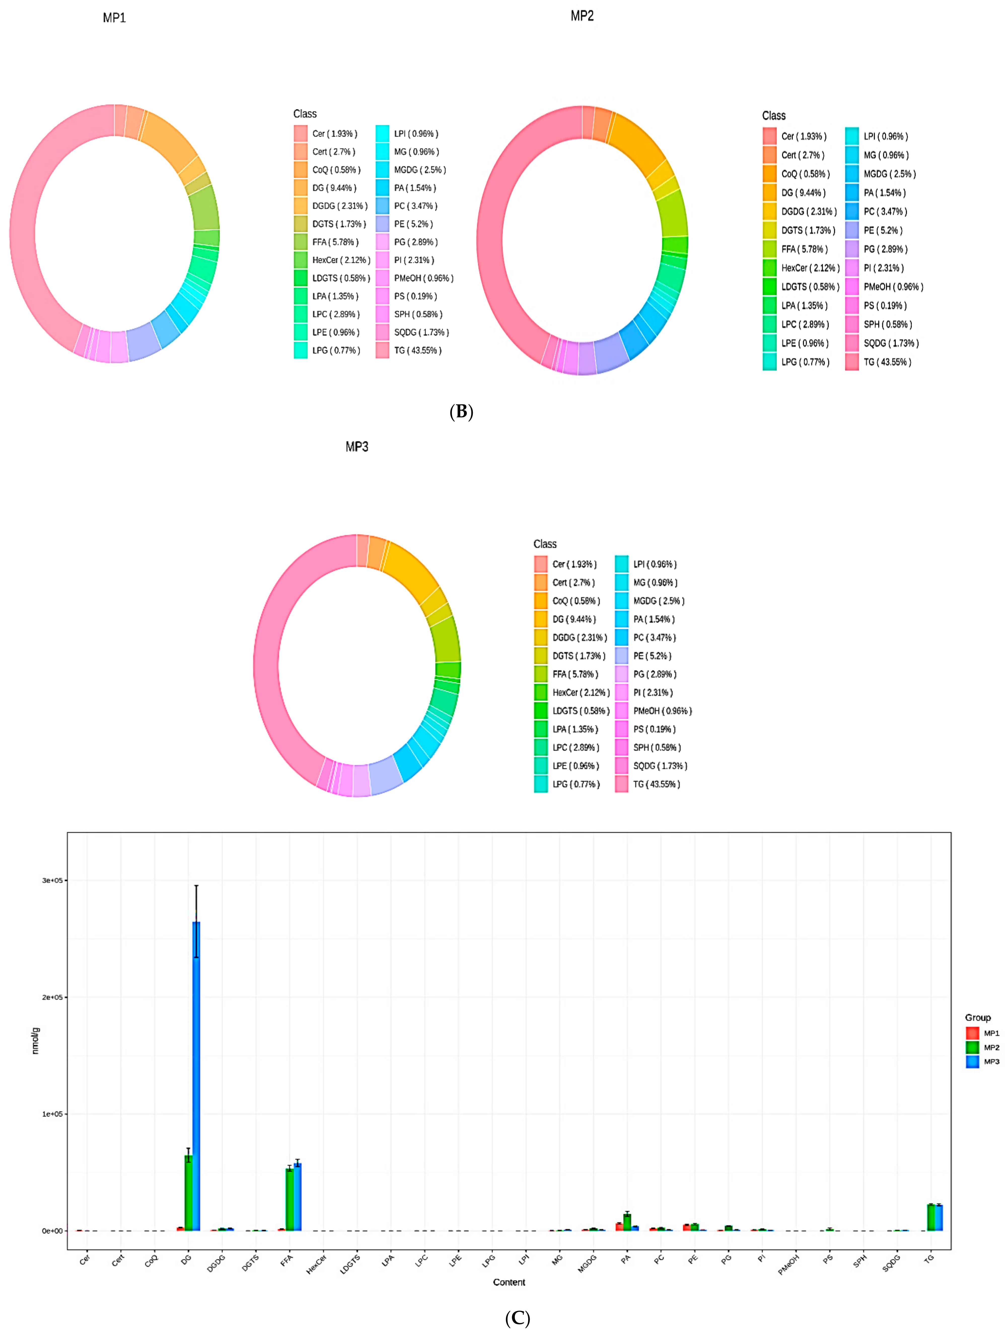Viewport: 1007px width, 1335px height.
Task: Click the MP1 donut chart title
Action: point(114,18)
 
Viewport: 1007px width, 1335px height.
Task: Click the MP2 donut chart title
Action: point(582,16)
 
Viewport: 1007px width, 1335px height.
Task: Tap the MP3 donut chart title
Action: point(357,447)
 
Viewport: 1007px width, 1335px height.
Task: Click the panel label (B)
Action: point(461,412)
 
